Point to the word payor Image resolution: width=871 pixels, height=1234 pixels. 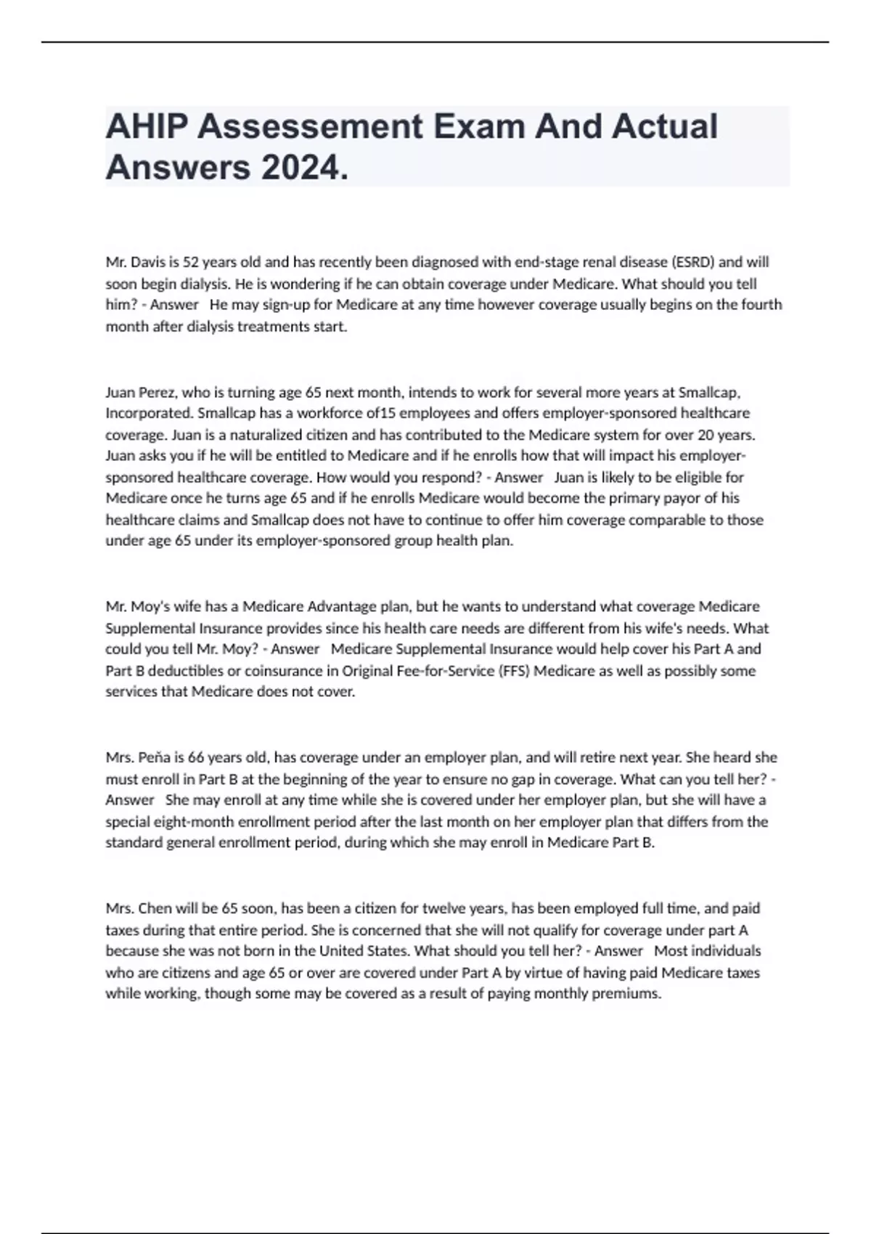[x=695, y=499]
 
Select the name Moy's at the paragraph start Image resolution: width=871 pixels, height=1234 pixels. [x=149, y=607]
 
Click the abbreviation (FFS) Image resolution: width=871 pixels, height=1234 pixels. [x=516, y=671]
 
